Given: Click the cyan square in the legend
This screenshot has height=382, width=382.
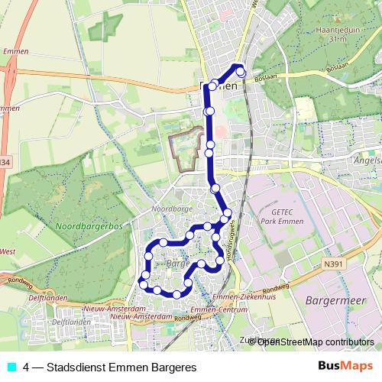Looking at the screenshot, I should point(10,367).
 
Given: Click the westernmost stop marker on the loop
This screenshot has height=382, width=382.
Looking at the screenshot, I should point(142,284).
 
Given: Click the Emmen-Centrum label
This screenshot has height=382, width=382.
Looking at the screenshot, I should point(213,309).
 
